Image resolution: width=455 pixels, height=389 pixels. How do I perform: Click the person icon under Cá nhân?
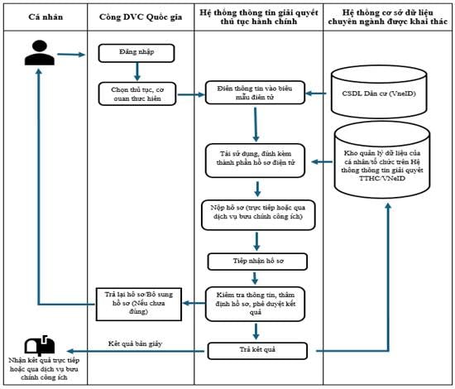[x=40, y=52]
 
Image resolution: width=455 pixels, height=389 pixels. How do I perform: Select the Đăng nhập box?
[x=136, y=53]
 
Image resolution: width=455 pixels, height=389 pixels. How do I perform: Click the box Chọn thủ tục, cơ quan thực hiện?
[x=137, y=94]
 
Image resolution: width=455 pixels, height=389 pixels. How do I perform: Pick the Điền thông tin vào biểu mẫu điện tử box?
[x=255, y=93]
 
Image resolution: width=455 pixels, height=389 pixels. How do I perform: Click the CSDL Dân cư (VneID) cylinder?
[x=379, y=92]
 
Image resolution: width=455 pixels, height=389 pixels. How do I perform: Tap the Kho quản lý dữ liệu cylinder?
[x=382, y=161]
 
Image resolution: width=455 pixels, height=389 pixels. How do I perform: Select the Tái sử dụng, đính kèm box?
[x=255, y=161]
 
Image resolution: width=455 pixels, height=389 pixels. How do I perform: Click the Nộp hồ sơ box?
[x=258, y=215]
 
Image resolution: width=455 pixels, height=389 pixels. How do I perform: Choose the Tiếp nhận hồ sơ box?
[x=257, y=262]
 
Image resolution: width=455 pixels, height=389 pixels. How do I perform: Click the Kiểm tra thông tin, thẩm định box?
[x=255, y=304]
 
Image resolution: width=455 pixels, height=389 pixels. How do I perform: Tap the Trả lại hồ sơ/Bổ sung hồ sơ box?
[x=139, y=305]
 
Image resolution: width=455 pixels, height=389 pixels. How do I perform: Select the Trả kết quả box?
[x=257, y=351]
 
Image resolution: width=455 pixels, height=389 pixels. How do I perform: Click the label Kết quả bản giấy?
[x=135, y=343]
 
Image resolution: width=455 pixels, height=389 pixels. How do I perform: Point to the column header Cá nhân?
[x=45, y=17]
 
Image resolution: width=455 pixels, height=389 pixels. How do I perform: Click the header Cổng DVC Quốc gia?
[x=141, y=17]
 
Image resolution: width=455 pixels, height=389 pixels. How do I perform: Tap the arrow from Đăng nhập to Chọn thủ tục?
[x=137, y=71]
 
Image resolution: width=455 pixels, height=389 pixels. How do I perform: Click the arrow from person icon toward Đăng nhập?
[x=71, y=55]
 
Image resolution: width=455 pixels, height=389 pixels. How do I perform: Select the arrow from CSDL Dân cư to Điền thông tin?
[x=316, y=94]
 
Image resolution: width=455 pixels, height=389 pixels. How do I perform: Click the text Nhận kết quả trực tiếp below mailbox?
[x=44, y=360]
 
